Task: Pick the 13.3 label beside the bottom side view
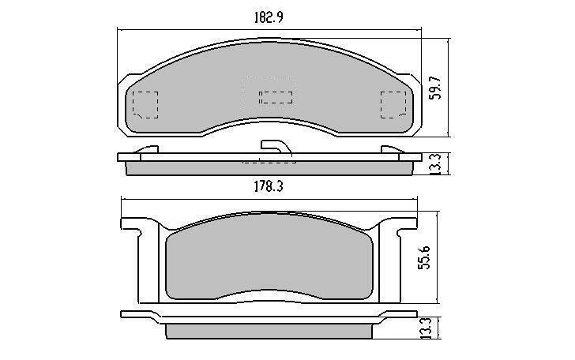[x=426, y=326]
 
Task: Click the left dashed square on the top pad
[x=145, y=103]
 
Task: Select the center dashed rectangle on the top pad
[x=276, y=97]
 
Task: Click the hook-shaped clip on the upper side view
[x=276, y=147]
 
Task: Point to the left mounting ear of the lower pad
[x=134, y=230]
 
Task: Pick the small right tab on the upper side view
[x=391, y=149]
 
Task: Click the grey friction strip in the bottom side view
[x=269, y=328]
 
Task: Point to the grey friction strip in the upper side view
[x=269, y=167]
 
